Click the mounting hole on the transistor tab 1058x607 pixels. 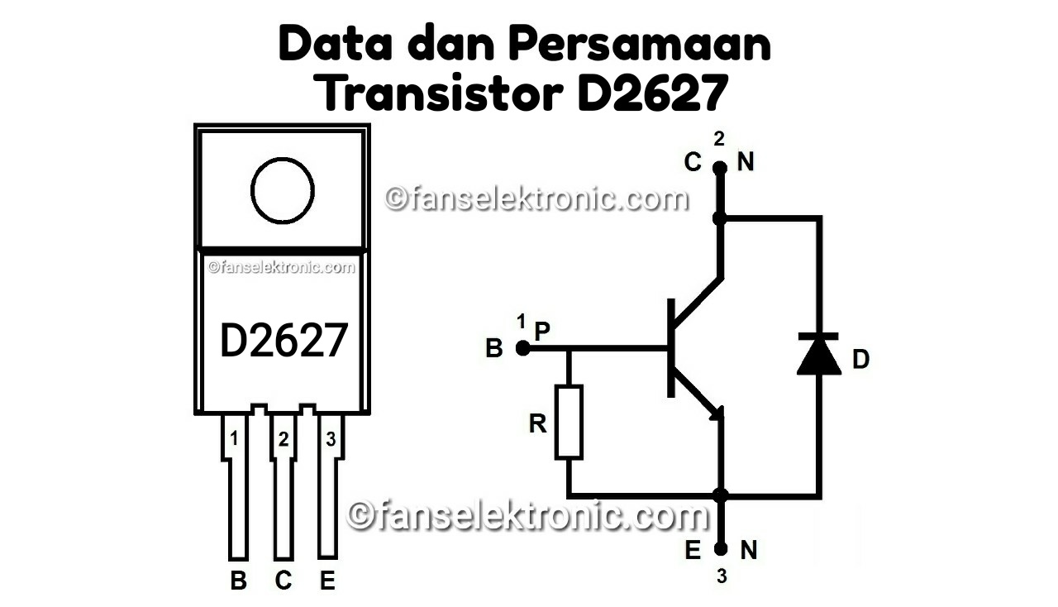click(283, 190)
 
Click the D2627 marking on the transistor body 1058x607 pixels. click(283, 341)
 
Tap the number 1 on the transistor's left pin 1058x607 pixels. click(234, 439)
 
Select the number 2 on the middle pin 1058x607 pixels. click(284, 440)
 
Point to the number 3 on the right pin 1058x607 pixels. click(331, 439)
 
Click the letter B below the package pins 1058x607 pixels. click(238, 581)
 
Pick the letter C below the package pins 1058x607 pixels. click(284, 581)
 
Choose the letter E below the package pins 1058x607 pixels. click(328, 581)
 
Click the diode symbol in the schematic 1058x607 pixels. click(818, 354)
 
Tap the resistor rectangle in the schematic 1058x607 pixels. click(569, 421)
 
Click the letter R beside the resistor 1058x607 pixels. click(538, 424)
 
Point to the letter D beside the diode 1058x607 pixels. click(861, 360)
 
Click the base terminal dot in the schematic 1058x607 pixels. click(522, 349)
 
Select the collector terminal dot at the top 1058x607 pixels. click(720, 167)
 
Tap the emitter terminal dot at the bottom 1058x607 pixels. click(721, 549)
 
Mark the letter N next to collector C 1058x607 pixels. click(746, 163)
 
